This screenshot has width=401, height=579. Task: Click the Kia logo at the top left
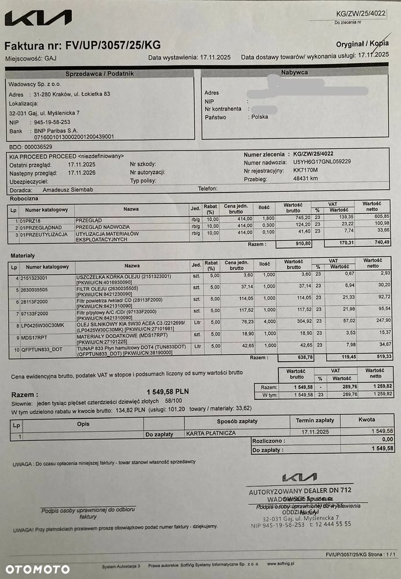pyautogui.click(x=38, y=19)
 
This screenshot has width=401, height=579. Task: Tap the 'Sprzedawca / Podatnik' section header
pyautogui.click(x=100, y=74)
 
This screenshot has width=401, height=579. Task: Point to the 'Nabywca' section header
pyautogui.click(x=294, y=72)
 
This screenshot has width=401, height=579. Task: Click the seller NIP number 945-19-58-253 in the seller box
pyautogui.click(x=52, y=122)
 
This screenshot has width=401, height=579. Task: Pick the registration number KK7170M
pyautogui.click(x=307, y=171)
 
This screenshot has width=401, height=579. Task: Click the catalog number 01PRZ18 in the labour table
pyautogui.click(x=30, y=221)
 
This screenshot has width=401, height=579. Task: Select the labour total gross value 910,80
pyautogui.click(x=304, y=244)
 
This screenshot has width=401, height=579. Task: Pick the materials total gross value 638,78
pyautogui.click(x=304, y=358)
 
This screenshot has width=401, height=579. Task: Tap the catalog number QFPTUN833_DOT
pyautogui.click(x=42, y=349)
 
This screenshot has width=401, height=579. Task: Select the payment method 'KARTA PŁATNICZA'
pyautogui.click(x=211, y=433)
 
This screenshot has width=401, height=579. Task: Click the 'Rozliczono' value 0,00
pyautogui.click(x=385, y=440)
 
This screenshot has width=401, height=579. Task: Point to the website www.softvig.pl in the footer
pyautogui.click(x=280, y=563)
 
